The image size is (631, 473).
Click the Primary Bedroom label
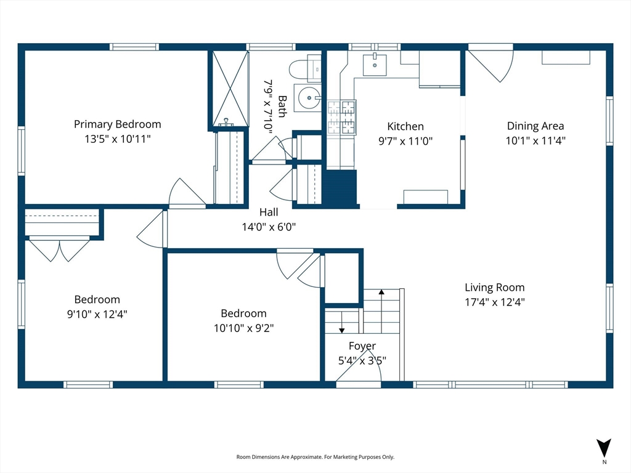pos(118,124)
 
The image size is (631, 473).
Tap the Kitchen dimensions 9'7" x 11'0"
pos(405,141)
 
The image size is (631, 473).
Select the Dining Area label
pos(535,126)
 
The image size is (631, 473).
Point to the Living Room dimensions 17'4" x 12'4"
pos(495,302)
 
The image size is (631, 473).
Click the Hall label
pos(269,212)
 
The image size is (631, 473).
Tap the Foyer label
pos(362,346)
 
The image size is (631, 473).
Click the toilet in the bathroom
pos(304,68)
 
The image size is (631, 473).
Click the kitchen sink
pos(375,65)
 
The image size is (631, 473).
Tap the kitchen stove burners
pos(341,117)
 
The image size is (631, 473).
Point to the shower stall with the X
pos(230,89)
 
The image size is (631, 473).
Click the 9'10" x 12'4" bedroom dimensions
pos(97,314)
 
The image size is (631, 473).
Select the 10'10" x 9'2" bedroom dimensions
pos(243,328)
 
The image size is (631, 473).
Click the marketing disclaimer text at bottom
pos(315,457)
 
